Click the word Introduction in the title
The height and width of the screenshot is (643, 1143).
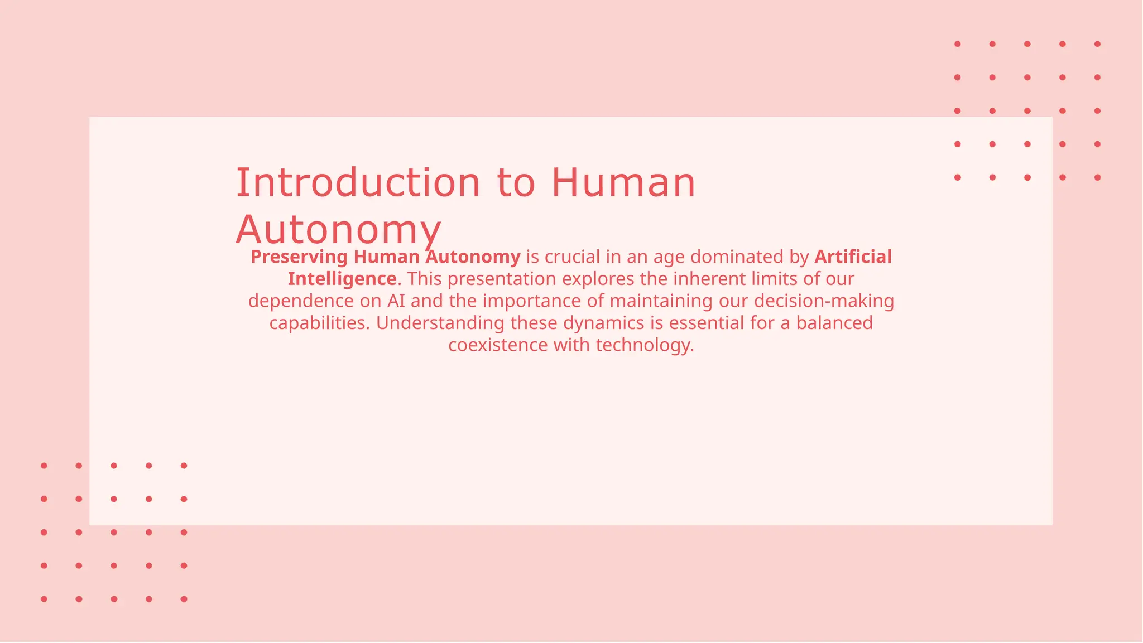tap(358, 183)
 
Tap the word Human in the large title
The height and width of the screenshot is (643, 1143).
tap(623, 183)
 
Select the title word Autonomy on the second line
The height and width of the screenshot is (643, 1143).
tap(338, 230)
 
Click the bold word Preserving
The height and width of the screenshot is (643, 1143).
tap(299, 257)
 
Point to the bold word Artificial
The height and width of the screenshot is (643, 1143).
tap(853, 257)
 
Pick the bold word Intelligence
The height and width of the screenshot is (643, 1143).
tap(342, 279)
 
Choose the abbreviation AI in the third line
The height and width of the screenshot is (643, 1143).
tap(396, 301)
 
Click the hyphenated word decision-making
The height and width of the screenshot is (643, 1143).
tap(824, 301)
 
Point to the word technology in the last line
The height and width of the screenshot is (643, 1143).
tap(645, 345)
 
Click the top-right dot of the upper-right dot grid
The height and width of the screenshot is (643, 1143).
tap(1097, 44)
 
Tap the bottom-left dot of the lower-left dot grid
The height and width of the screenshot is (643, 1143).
tap(44, 599)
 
